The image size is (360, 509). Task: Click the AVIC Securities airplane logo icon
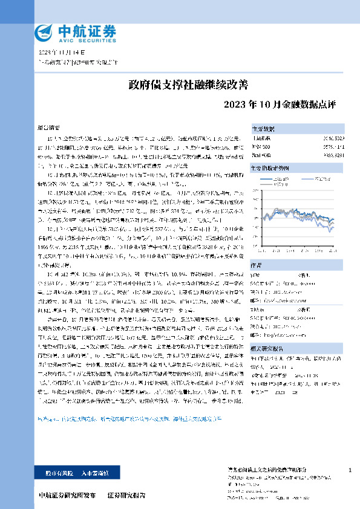43,31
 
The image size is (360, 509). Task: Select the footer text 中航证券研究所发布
67,495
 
